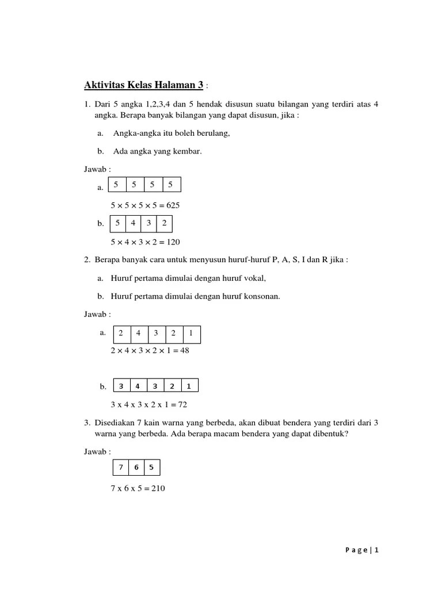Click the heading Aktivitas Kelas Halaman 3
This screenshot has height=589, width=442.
point(143,86)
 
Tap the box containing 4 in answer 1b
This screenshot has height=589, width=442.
point(133,223)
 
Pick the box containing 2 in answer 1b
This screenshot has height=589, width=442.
point(165,223)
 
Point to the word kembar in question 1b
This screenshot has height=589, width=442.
point(189,151)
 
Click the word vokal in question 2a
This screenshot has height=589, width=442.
point(254,278)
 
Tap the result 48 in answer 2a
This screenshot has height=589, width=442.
point(184,350)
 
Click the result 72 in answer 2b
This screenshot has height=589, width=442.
point(183,404)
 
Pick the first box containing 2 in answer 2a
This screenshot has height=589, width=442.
point(121,334)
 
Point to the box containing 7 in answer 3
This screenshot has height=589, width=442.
point(121,468)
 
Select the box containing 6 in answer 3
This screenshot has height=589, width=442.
point(136,468)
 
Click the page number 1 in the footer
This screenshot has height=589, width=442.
point(377,550)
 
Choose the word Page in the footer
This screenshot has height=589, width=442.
point(357,550)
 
